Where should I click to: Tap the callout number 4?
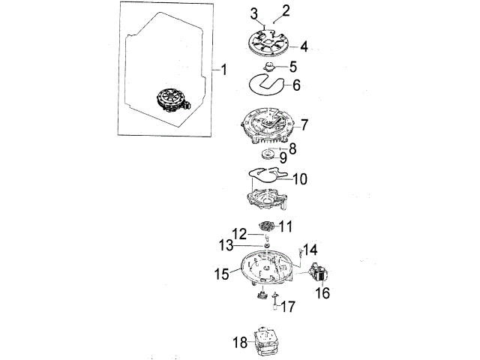click(303, 46)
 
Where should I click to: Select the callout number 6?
click(296, 85)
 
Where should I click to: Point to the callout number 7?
click(305, 123)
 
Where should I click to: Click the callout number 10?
click(298, 179)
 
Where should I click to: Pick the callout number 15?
click(223, 275)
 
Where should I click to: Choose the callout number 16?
click(322, 293)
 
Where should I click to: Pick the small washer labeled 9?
click(268, 157)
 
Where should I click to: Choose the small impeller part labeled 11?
click(268, 226)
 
